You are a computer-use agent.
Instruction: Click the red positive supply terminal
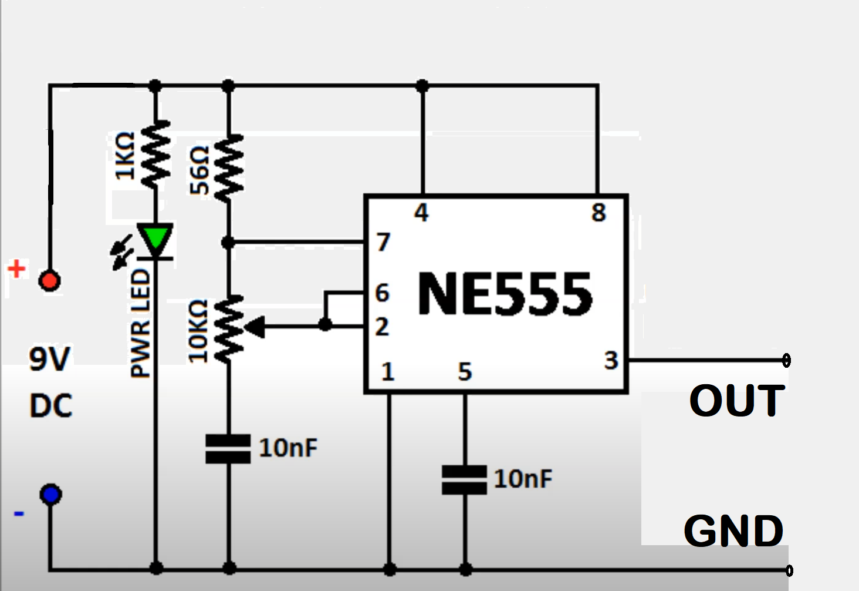[49, 280]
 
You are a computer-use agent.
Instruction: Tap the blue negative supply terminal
[50, 494]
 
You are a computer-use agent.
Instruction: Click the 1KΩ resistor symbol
[155, 154]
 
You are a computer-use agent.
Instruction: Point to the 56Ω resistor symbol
[229, 168]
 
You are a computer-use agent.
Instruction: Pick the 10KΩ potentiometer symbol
[229, 328]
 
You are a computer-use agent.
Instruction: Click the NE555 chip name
[505, 294]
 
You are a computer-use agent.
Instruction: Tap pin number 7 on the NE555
[383, 242]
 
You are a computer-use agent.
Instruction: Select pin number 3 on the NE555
[611, 360]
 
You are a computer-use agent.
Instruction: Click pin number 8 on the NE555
[598, 213]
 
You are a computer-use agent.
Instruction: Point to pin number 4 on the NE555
[421, 213]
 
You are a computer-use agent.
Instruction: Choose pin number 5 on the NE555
[465, 371]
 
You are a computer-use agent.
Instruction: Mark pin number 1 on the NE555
[387, 371]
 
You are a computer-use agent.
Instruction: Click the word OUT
[736, 401]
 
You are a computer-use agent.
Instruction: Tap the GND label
[733, 530]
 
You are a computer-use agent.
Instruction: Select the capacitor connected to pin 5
[464, 479]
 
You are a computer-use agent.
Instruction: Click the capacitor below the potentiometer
[228, 449]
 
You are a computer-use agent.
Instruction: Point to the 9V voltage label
[50, 358]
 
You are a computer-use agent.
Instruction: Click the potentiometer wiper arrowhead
[256, 327]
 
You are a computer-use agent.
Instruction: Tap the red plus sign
[16, 269]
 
